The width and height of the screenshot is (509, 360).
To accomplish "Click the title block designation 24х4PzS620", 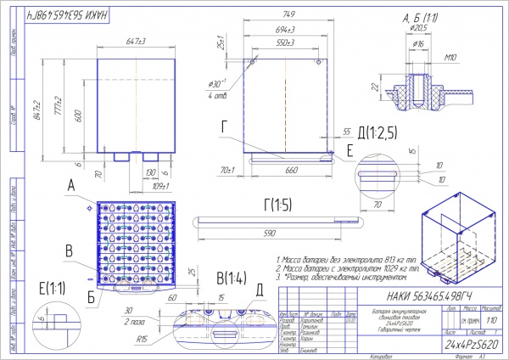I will pos(460,345).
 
